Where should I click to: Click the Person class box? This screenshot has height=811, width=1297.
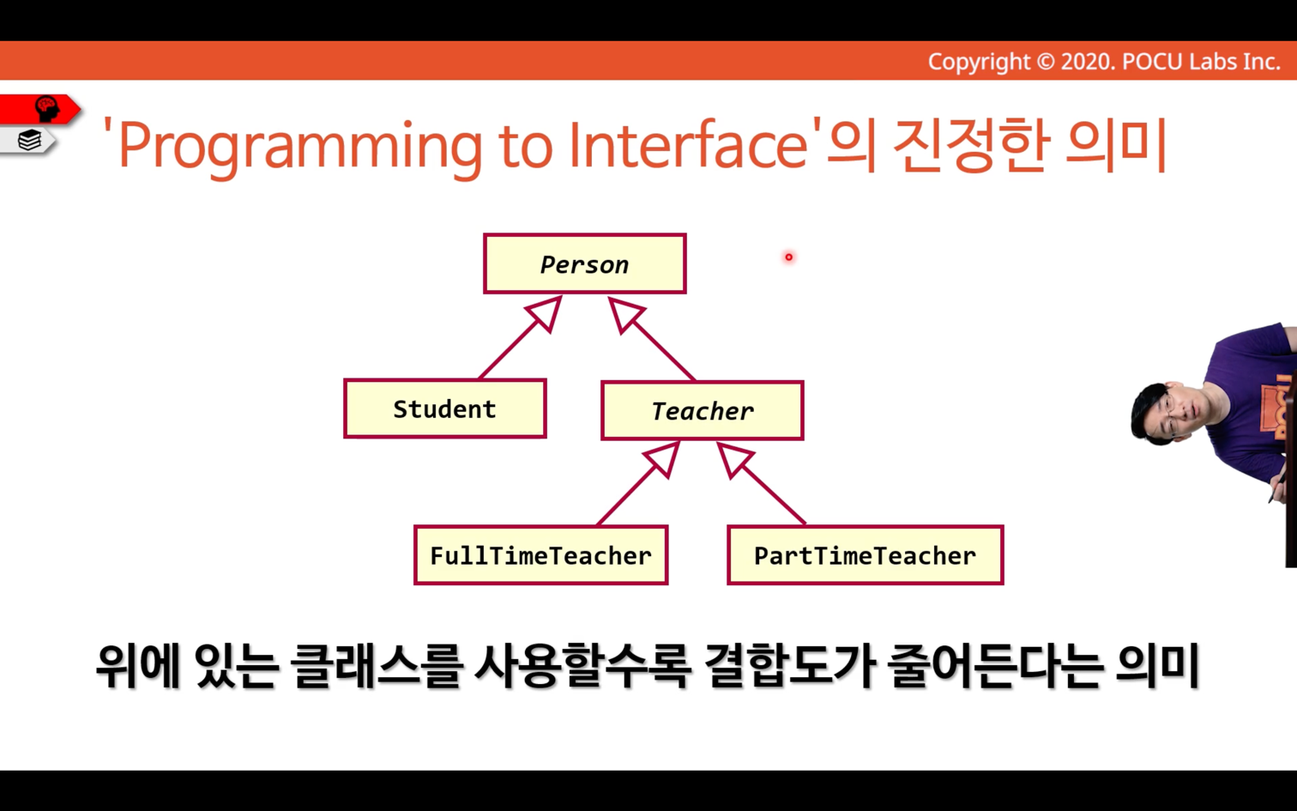(x=585, y=263)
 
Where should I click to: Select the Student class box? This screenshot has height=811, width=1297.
(x=444, y=409)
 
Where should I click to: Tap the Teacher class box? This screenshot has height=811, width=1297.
(x=703, y=410)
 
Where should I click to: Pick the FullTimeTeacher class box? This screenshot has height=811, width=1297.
(x=540, y=555)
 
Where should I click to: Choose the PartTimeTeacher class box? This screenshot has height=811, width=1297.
(x=865, y=555)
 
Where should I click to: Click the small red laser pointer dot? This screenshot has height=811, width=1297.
(x=788, y=257)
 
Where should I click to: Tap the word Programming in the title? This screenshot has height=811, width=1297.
(x=300, y=146)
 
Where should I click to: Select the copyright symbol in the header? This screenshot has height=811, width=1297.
(x=1045, y=62)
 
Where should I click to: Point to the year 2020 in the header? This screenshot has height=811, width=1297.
(x=1088, y=62)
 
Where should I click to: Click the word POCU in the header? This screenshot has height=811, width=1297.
(x=1153, y=62)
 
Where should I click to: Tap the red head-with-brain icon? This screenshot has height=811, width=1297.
(x=47, y=108)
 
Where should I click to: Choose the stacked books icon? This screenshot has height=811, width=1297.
(x=29, y=140)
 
